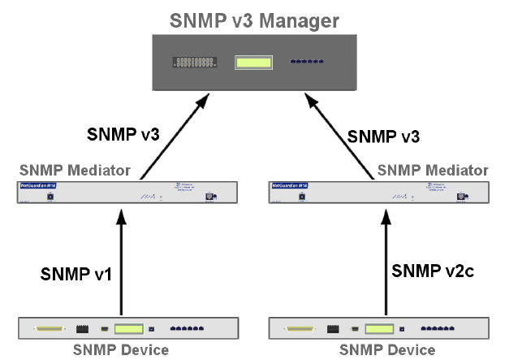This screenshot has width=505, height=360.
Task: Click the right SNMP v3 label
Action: tap(383, 136)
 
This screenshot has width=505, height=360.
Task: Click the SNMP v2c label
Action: tap(431, 268)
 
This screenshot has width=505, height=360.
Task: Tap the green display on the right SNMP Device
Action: tap(378, 330)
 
